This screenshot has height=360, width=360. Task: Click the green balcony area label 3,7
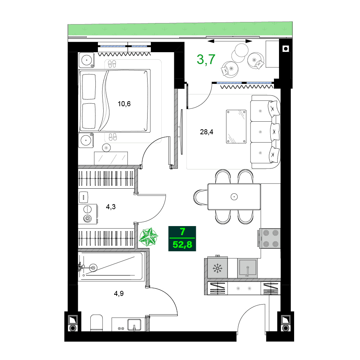(206, 59)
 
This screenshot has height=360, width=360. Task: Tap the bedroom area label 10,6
(124, 104)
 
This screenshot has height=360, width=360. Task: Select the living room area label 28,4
(207, 132)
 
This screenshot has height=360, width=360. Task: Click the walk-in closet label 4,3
(111, 207)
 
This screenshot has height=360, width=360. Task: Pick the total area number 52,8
(182, 245)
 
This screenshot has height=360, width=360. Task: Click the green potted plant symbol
(148, 237)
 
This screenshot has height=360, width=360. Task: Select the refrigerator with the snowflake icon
(217, 267)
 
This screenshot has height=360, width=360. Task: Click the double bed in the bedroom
(114, 101)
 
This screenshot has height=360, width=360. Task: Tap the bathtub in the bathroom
(112, 267)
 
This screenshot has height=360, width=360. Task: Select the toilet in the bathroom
(96, 323)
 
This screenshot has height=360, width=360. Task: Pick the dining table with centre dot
(234, 197)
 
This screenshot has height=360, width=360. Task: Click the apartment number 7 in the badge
(182, 232)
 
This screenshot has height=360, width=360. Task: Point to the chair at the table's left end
(200, 197)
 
